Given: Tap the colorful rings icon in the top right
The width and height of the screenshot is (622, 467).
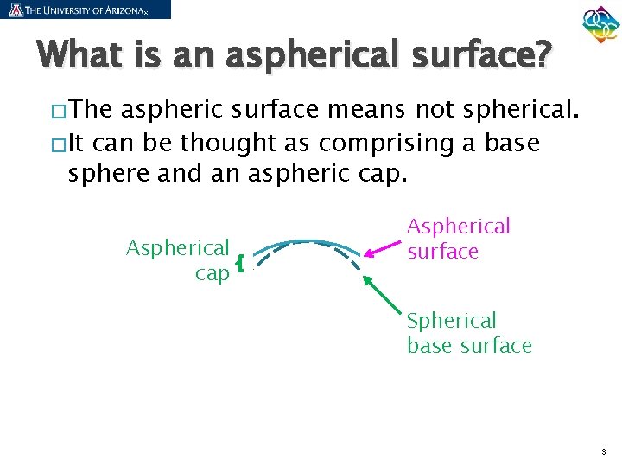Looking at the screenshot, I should click(x=600, y=27).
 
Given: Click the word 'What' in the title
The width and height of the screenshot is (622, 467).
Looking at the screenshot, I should click(x=81, y=56).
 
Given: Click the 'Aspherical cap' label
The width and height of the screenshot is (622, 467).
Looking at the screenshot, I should click(x=179, y=260).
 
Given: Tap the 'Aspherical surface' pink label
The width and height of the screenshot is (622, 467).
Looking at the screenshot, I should click(x=458, y=239).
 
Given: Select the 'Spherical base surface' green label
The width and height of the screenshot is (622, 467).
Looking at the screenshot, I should click(x=469, y=333).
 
